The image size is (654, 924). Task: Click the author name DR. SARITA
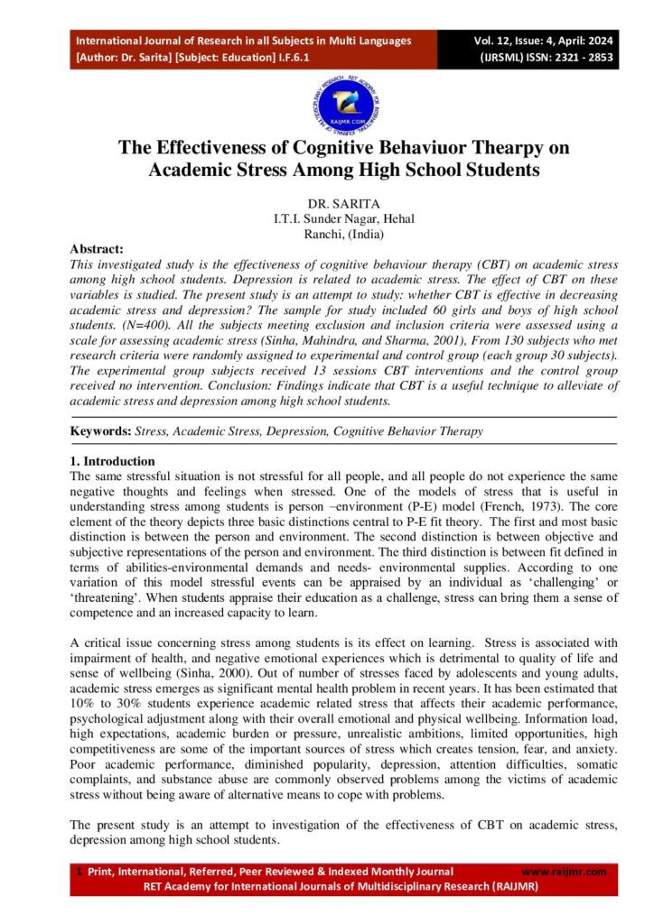pyautogui.click(x=326, y=202)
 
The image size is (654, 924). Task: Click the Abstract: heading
pyautogui.click(x=97, y=248)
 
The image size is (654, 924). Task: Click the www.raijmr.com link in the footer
pyautogui.click(x=565, y=872)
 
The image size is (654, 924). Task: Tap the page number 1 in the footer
pyautogui.click(x=79, y=872)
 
